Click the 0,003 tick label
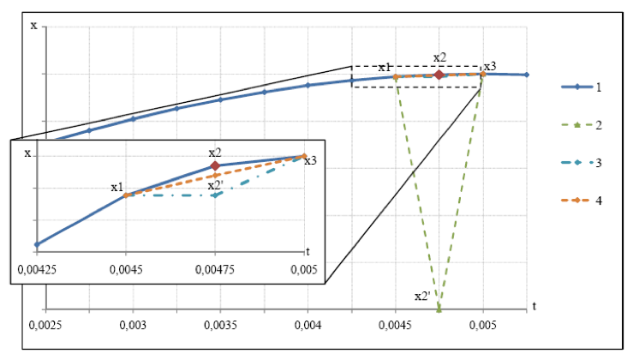[x=133, y=326]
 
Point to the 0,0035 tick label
[x=220, y=326]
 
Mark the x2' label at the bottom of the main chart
[x=422, y=296]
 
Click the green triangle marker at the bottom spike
[x=439, y=307]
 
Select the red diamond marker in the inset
[x=215, y=165]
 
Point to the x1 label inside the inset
[x=116, y=187]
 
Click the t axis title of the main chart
[x=533, y=305]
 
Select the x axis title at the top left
[x=33, y=25]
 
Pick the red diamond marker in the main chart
[x=439, y=75]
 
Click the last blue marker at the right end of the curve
[x=526, y=75]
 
